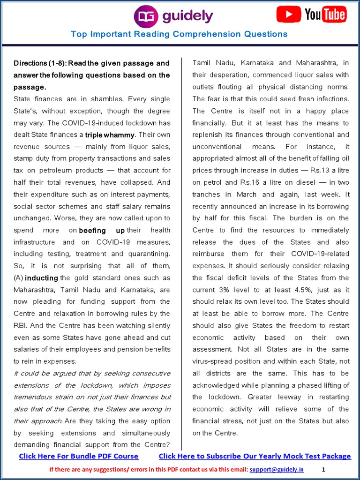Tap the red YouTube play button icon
pyautogui.click(x=288, y=15)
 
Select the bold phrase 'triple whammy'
pyautogui.click(x=110, y=135)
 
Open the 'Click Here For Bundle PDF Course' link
pyautogui.click(x=79, y=456)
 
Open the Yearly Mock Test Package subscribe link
pyautogui.click(x=255, y=456)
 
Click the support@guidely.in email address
pyautogui.click(x=277, y=469)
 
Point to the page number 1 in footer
pyautogui.click(x=323, y=469)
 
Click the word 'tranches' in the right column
pyautogui.click(x=206, y=195)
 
